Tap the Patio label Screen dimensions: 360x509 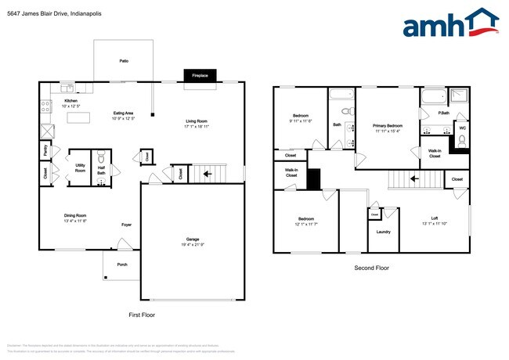[x=124, y=60]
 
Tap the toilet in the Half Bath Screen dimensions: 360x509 [x=100, y=178]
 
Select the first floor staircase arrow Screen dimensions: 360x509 [x=208, y=173]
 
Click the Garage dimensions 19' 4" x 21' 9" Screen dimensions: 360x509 [x=191, y=244]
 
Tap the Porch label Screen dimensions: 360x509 [x=122, y=264]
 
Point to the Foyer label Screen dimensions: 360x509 [x=126, y=224]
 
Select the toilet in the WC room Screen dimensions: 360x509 [x=461, y=141]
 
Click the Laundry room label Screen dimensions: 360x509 [x=384, y=232]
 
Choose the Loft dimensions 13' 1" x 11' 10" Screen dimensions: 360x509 [x=435, y=224]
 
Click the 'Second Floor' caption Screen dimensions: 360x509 [x=373, y=268]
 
